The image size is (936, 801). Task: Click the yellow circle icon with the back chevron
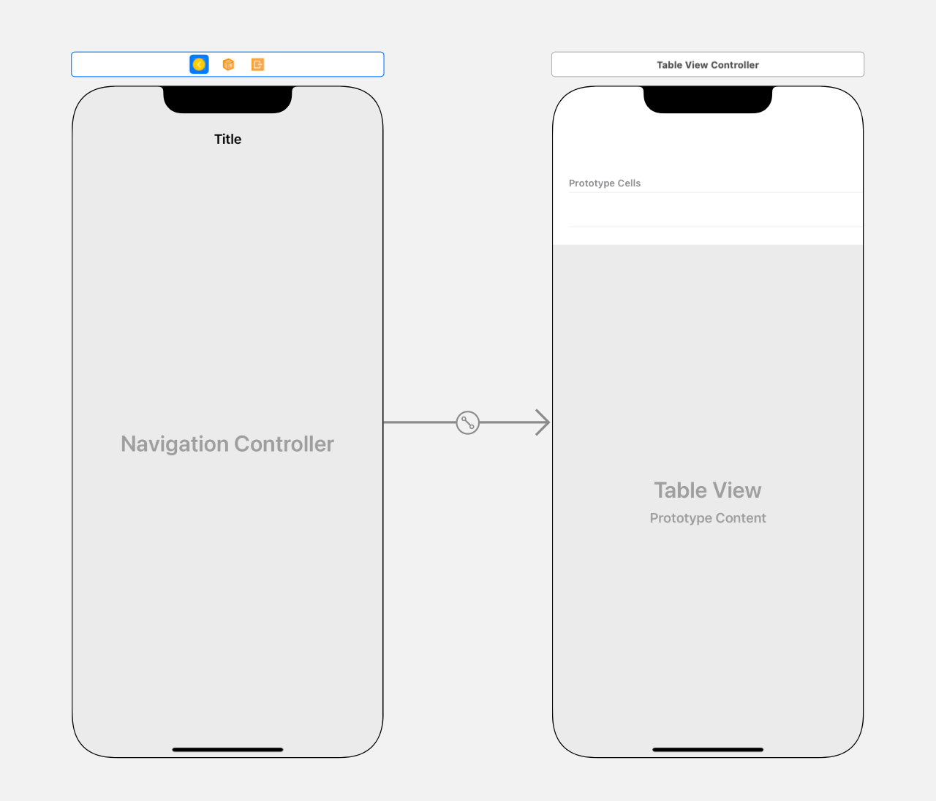[199, 64]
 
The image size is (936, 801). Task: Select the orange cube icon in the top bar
[228, 64]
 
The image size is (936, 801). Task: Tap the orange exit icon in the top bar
[257, 64]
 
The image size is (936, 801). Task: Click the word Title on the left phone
[227, 139]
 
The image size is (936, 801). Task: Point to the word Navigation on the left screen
[175, 444]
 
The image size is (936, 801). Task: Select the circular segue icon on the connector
[467, 422]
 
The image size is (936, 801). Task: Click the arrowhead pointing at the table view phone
[543, 422]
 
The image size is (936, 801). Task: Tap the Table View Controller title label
[707, 65]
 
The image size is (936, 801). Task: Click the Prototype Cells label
[604, 183]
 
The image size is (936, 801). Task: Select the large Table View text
[707, 490]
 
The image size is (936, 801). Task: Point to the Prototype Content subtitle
[707, 518]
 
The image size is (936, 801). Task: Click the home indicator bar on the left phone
[227, 749]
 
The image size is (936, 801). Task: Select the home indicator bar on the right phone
[707, 749]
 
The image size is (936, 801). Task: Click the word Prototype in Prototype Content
[679, 518]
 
